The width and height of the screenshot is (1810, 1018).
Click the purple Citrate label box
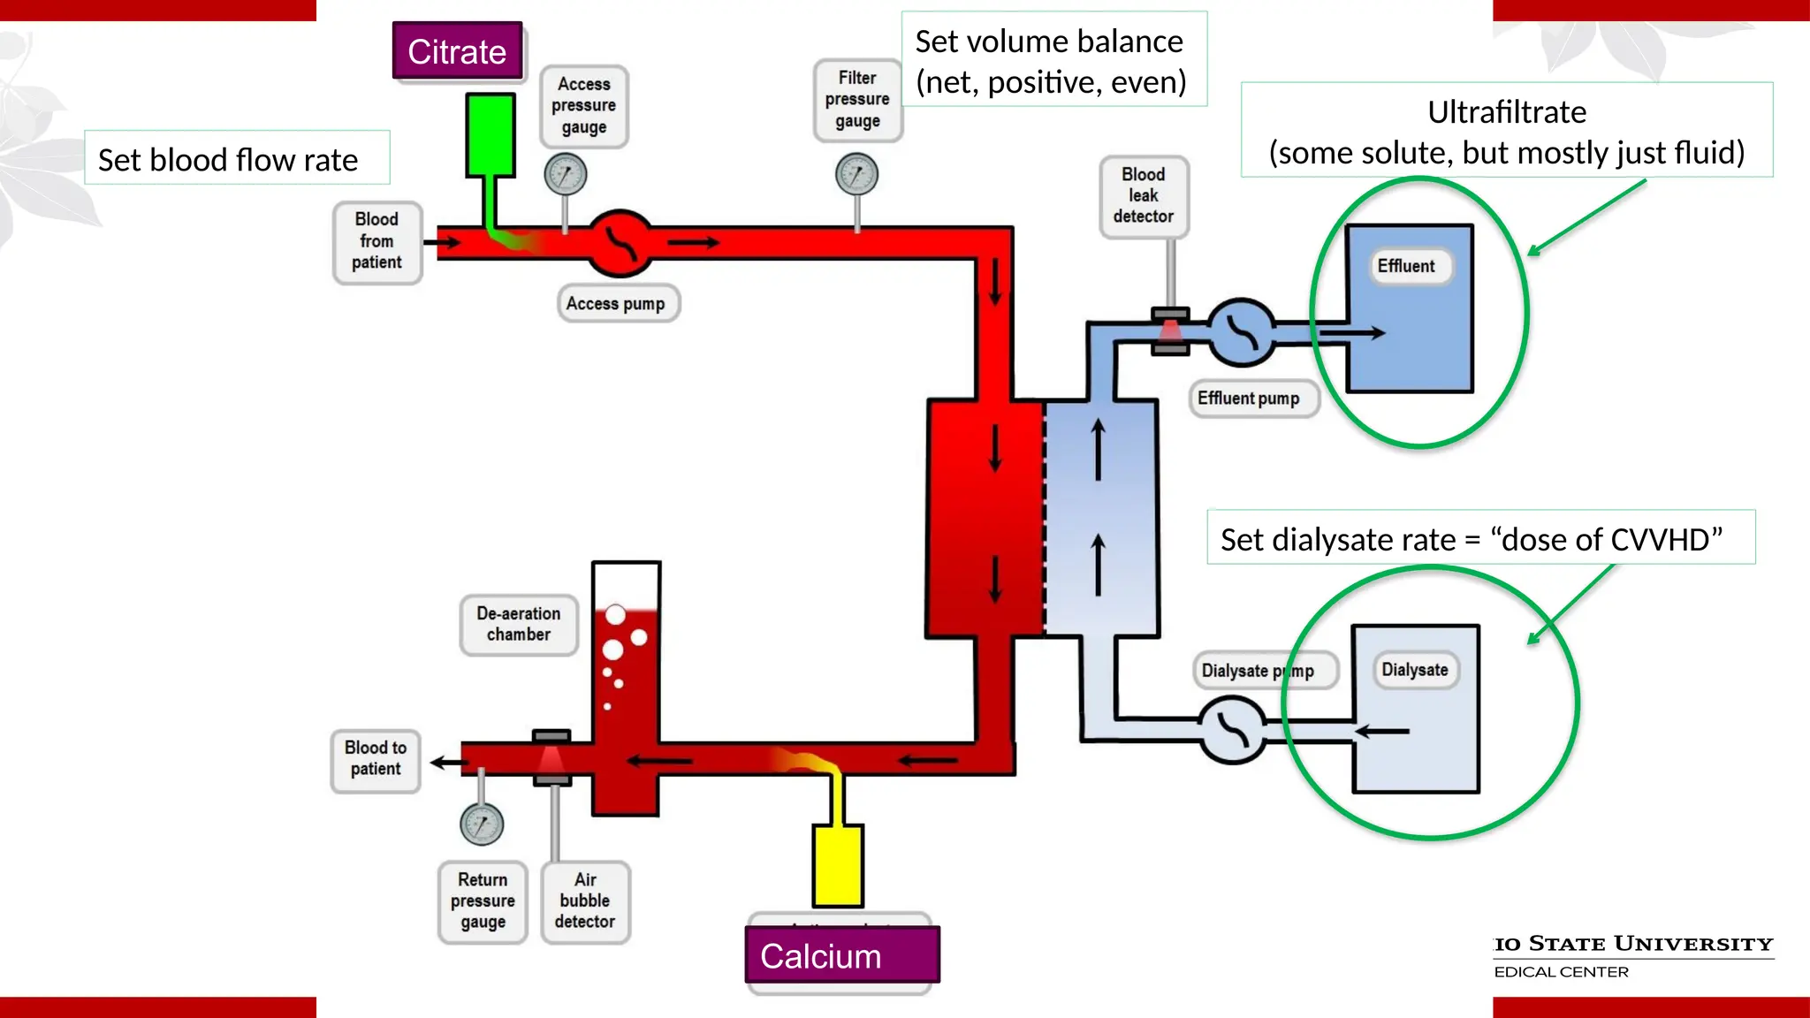click(457, 51)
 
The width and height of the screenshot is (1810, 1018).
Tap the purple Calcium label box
click(841, 955)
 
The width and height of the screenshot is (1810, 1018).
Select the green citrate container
click(490, 134)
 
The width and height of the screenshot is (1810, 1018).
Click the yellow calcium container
click(837, 864)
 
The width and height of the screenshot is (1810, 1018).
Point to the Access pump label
click(616, 303)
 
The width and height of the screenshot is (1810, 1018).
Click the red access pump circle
click(620, 242)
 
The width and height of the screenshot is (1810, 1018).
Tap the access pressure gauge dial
click(566, 174)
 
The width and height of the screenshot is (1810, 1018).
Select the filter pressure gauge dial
click(856, 174)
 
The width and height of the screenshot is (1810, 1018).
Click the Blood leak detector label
click(1144, 196)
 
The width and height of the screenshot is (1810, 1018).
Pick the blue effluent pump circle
click(1241, 332)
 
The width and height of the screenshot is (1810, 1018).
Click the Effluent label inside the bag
click(1406, 266)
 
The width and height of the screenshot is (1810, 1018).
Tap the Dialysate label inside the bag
click(1415, 670)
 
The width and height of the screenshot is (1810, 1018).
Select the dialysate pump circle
click(1233, 730)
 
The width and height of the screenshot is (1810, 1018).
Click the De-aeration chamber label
click(519, 624)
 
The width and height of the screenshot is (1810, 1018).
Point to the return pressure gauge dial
click(482, 824)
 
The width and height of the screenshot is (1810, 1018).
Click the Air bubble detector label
click(585, 901)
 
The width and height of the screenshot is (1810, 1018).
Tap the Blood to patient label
click(376, 759)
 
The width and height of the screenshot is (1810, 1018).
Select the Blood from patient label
click(376, 241)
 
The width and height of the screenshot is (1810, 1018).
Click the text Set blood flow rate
click(228, 160)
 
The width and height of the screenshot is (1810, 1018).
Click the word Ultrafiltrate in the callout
click(1507, 112)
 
